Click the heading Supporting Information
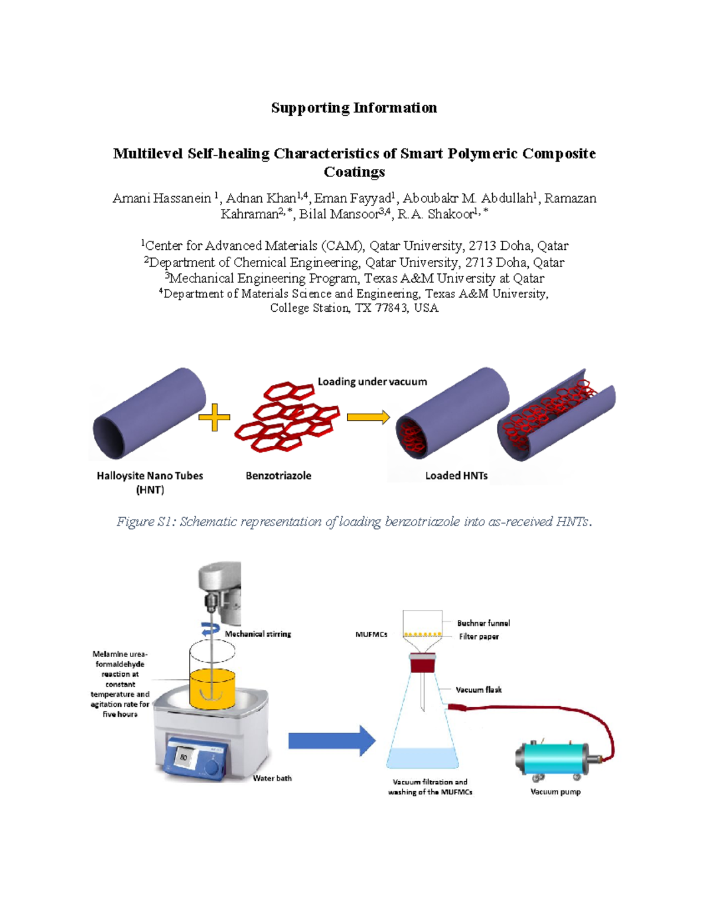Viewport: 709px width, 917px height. point(354,107)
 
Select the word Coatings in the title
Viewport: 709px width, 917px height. point(354,172)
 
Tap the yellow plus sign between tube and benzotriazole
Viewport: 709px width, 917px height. point(214,417)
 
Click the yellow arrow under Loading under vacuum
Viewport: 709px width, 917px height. point(367,417)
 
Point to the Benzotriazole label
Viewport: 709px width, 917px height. point(278,476)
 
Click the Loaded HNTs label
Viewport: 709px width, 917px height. point(456,476)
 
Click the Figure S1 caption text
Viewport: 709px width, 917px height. point(354,521)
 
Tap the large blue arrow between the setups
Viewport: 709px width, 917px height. point(331,740)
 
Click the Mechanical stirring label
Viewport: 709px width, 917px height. point(258,634)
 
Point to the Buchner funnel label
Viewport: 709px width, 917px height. point(483,623)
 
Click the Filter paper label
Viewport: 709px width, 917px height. point(479,637)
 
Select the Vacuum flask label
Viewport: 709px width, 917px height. point(479,690)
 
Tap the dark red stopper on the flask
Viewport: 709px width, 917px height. point(424,665)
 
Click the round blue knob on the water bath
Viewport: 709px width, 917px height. point(212,767)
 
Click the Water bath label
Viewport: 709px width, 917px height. point(272,778)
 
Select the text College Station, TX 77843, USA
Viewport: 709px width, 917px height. point(354,308)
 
